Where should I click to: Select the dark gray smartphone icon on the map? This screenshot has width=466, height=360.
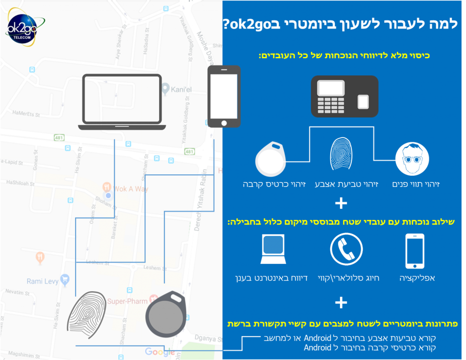pyautogui.click(x=223, y=97)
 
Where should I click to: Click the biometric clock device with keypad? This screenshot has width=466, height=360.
pyautogui.click(x=344, y=96)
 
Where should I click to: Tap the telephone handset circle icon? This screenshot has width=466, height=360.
pyautogui.click(x=346, y=249)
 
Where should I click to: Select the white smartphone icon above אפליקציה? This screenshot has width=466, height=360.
pyautogui.click(x=414, y=251)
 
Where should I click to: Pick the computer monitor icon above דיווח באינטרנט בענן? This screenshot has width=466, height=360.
pyautogui.click(x=273, y=249)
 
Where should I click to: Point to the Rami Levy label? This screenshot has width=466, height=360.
pyautogui.click(x=42, y=281)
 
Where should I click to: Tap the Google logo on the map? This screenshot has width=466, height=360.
pyautogui.click(x=159, y=351)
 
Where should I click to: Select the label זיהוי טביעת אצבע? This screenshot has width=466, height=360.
pyautogui.click(x=341, y=184)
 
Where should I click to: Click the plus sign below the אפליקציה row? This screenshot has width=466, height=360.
pyautogui.click(x=340, y=302)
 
